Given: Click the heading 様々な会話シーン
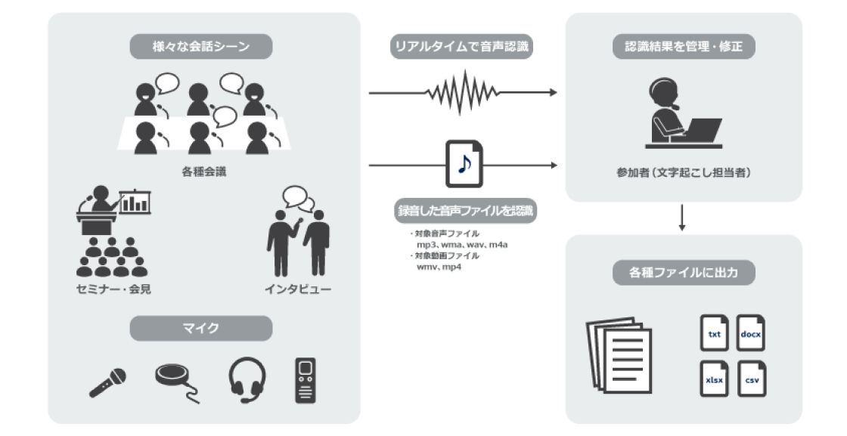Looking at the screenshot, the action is click(x=201, y=46).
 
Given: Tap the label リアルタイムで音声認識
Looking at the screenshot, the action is click(x=462, y=46).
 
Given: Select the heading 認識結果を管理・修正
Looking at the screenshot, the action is click(x=684, y=46).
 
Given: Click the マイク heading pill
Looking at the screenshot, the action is click(x=201, y=328).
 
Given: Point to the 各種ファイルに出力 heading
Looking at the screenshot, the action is click(x=684, y=273).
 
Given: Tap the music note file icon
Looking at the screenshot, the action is click(x=464, y=164).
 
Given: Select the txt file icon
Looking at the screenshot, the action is click(x=715, y=333).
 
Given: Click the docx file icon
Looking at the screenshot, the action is click(x=751, y=333).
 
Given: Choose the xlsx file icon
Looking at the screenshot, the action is click(x=715, y=379).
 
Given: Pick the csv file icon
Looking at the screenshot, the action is click(x=751, y=379).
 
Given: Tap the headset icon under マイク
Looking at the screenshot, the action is click(x=247, y=380).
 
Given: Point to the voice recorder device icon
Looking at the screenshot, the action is click(x=306, y=380).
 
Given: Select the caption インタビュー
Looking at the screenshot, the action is click(x=298, y=289).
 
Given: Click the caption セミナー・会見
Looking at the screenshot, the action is click(x=113, y=289).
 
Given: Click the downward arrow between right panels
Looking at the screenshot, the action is click(x=682, y=218).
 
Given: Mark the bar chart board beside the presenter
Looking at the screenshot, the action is click(x=135, y=202).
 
